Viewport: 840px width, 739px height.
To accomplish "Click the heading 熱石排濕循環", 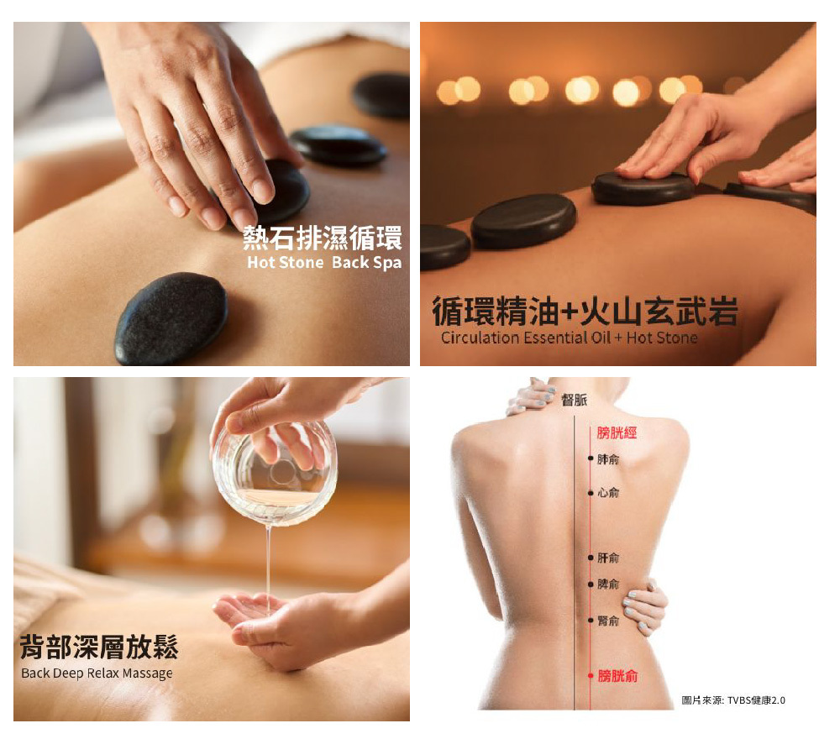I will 323,238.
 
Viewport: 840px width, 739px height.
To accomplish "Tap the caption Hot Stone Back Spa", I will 324,263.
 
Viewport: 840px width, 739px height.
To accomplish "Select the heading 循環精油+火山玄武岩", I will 585,312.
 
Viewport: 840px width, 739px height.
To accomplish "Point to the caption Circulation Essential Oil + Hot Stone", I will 569,338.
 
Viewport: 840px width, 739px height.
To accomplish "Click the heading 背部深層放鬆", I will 99,647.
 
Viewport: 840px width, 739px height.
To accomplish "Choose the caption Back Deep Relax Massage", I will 97,673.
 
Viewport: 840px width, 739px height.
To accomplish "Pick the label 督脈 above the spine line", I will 574,401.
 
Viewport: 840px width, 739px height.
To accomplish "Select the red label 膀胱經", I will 617,432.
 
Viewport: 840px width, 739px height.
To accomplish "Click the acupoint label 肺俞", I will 608,459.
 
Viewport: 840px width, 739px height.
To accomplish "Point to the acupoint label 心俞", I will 608,492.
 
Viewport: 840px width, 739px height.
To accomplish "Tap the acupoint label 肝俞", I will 608,558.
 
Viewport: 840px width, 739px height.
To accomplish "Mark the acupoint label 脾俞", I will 608,584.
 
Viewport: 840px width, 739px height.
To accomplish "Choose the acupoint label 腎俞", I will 608,621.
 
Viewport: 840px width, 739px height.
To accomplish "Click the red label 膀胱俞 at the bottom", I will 617,676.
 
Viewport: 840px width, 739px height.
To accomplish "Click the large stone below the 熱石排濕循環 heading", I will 171,318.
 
